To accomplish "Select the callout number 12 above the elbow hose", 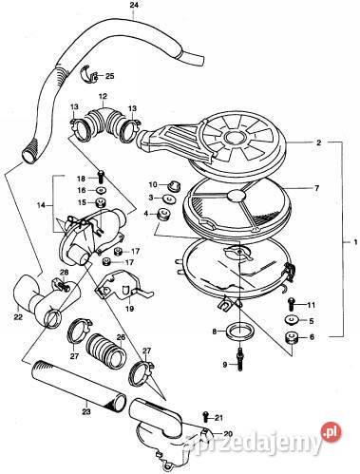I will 103,97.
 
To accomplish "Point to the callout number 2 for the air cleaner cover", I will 320,143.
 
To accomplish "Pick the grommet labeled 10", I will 176,182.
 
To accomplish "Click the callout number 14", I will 40,205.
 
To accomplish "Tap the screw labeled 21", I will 206,417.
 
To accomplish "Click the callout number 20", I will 227,433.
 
